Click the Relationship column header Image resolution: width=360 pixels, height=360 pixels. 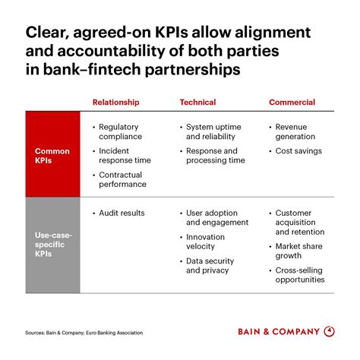coord(115,102)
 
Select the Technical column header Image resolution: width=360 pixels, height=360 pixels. coord(197,102)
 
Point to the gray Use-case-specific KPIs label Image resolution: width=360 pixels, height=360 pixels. coord(52,245)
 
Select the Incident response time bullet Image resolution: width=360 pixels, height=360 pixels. coord(125,156)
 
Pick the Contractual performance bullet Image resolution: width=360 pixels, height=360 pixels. coord(122,179)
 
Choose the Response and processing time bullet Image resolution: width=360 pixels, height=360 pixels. coord(216,156)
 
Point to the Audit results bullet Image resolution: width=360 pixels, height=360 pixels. coord(122,213)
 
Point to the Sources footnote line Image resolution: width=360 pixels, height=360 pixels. coord(84,332)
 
